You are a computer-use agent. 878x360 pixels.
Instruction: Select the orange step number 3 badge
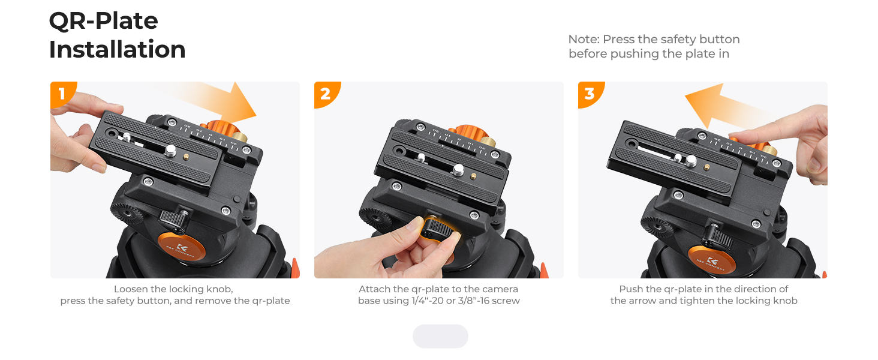tap(590, 94)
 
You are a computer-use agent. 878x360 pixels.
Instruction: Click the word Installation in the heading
tap(117, 49)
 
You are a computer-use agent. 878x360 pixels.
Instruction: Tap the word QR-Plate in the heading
tap(104, 20)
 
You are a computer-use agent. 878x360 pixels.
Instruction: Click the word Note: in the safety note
tap(584, 39)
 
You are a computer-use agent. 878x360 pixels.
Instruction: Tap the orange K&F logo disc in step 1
tap(181, 248)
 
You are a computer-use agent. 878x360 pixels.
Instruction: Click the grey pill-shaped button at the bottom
tap(440, 336)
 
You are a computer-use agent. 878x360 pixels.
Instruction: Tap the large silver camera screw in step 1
tap(170, 151)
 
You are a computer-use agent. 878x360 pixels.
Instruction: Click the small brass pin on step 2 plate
tap(473, 176)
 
